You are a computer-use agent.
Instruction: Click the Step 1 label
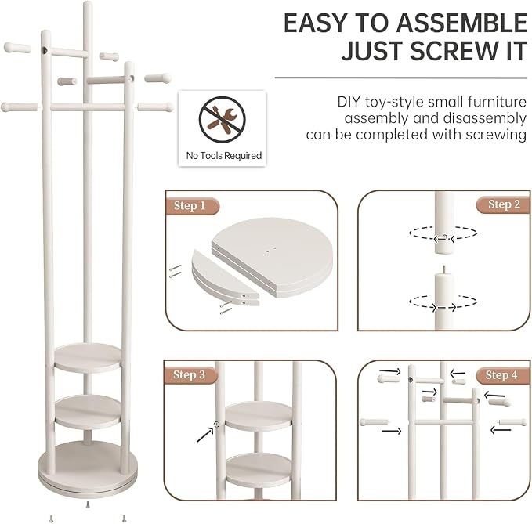190,206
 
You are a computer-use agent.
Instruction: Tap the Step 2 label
504,204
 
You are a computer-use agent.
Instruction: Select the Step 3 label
189,374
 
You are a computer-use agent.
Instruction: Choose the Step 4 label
501,375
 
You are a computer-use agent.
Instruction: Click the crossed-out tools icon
223,120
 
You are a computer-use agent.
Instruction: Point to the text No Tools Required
224,156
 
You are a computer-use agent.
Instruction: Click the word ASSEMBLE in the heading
461,23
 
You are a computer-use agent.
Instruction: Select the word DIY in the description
349,102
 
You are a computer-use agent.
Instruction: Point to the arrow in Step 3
205,435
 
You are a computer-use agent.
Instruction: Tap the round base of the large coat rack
88,469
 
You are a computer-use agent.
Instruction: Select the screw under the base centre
88,505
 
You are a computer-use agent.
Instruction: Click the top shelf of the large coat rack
88,358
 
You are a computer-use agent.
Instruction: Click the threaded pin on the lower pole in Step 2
444,269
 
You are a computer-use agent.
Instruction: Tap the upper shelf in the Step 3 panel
259,416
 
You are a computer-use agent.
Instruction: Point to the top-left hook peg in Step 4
389,378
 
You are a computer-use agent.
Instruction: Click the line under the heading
400,78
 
